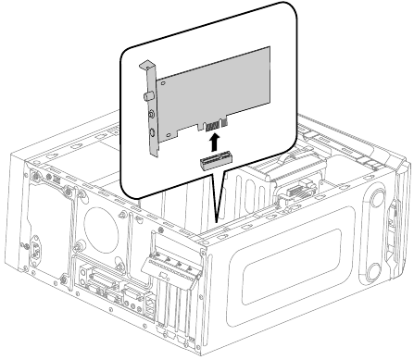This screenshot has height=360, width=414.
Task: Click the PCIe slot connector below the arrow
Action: [214, 164]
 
